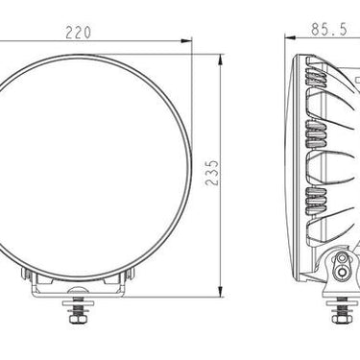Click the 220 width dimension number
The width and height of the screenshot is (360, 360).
79,33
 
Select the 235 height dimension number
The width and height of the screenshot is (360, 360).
212,173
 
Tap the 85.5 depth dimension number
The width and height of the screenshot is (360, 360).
329,30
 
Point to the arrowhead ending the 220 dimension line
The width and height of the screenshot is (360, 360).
186,40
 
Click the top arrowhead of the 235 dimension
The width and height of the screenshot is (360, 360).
220,60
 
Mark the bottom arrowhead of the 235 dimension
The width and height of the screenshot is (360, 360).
220,292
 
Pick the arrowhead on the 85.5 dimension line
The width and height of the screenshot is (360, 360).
290,37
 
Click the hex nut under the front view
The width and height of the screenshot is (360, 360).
77,319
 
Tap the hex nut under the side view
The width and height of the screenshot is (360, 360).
342,319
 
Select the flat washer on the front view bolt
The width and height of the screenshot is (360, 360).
77,302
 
